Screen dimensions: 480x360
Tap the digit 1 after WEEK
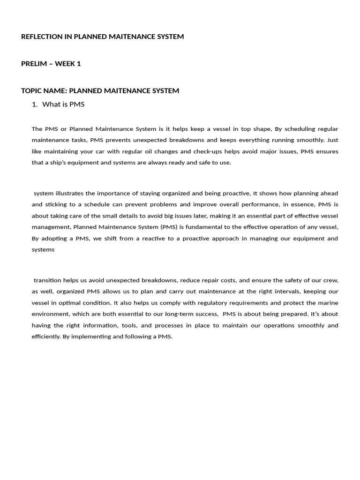79,64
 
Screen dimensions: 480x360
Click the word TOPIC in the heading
32,91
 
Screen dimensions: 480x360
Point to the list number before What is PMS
34,105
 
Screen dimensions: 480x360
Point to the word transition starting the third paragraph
47,280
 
